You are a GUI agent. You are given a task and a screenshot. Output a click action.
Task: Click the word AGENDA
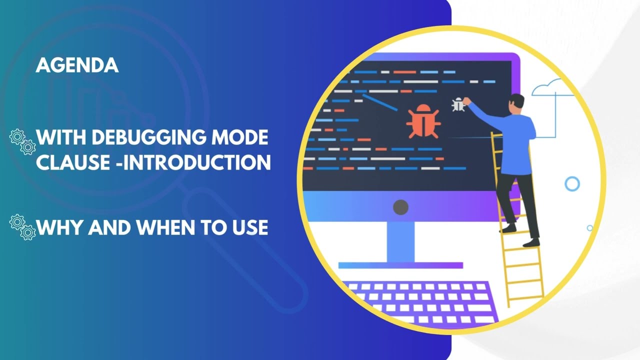(x=77, y=65)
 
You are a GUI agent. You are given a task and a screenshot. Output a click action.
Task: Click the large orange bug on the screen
(x=422, y=121)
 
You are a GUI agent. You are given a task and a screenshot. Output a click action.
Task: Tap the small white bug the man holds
(x=458, y=104)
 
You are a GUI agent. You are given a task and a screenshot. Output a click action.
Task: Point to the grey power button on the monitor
(x=400, y=207)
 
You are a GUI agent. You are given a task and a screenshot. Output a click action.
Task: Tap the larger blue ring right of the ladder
(x=572, y=183)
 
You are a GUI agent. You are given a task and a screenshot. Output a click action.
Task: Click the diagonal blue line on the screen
(x=380, y=101)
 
